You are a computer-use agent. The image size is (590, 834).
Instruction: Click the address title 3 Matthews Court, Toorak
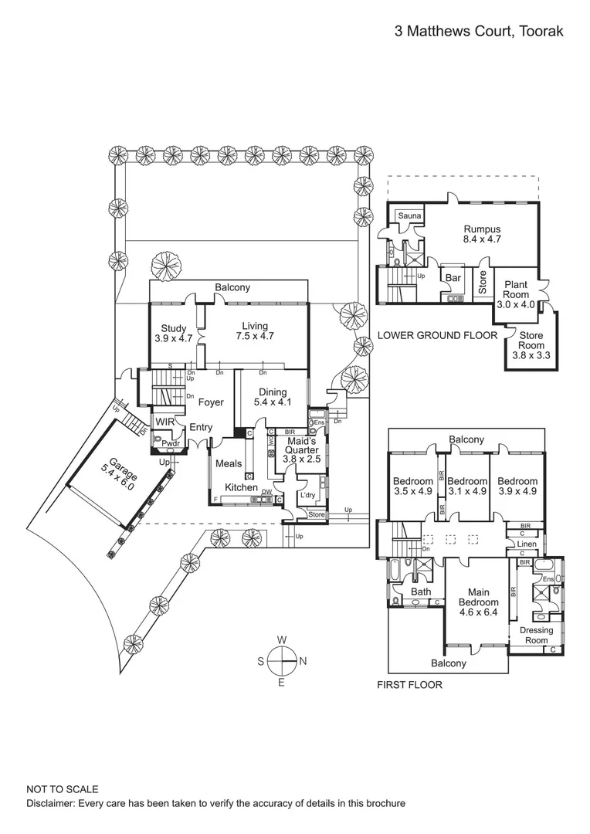(x=478, y=32)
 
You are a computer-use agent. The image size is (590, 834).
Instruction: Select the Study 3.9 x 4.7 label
(x=173, y=334)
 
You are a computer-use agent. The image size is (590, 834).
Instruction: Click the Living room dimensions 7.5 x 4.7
(x=257, y=337)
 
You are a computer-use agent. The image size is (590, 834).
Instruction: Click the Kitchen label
(x=241, y=488)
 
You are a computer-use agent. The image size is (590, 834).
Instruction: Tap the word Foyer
(x=211, y=402)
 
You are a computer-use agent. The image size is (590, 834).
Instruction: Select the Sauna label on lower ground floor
(x=409, y=215)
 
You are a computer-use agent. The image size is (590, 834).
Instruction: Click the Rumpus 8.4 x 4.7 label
(x=482, y=235)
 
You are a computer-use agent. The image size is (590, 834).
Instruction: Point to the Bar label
(x=453, y=277)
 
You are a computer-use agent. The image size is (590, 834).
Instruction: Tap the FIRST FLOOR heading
(x=409, y=685)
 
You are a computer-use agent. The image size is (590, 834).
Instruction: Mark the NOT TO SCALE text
(x=63, y=789)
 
